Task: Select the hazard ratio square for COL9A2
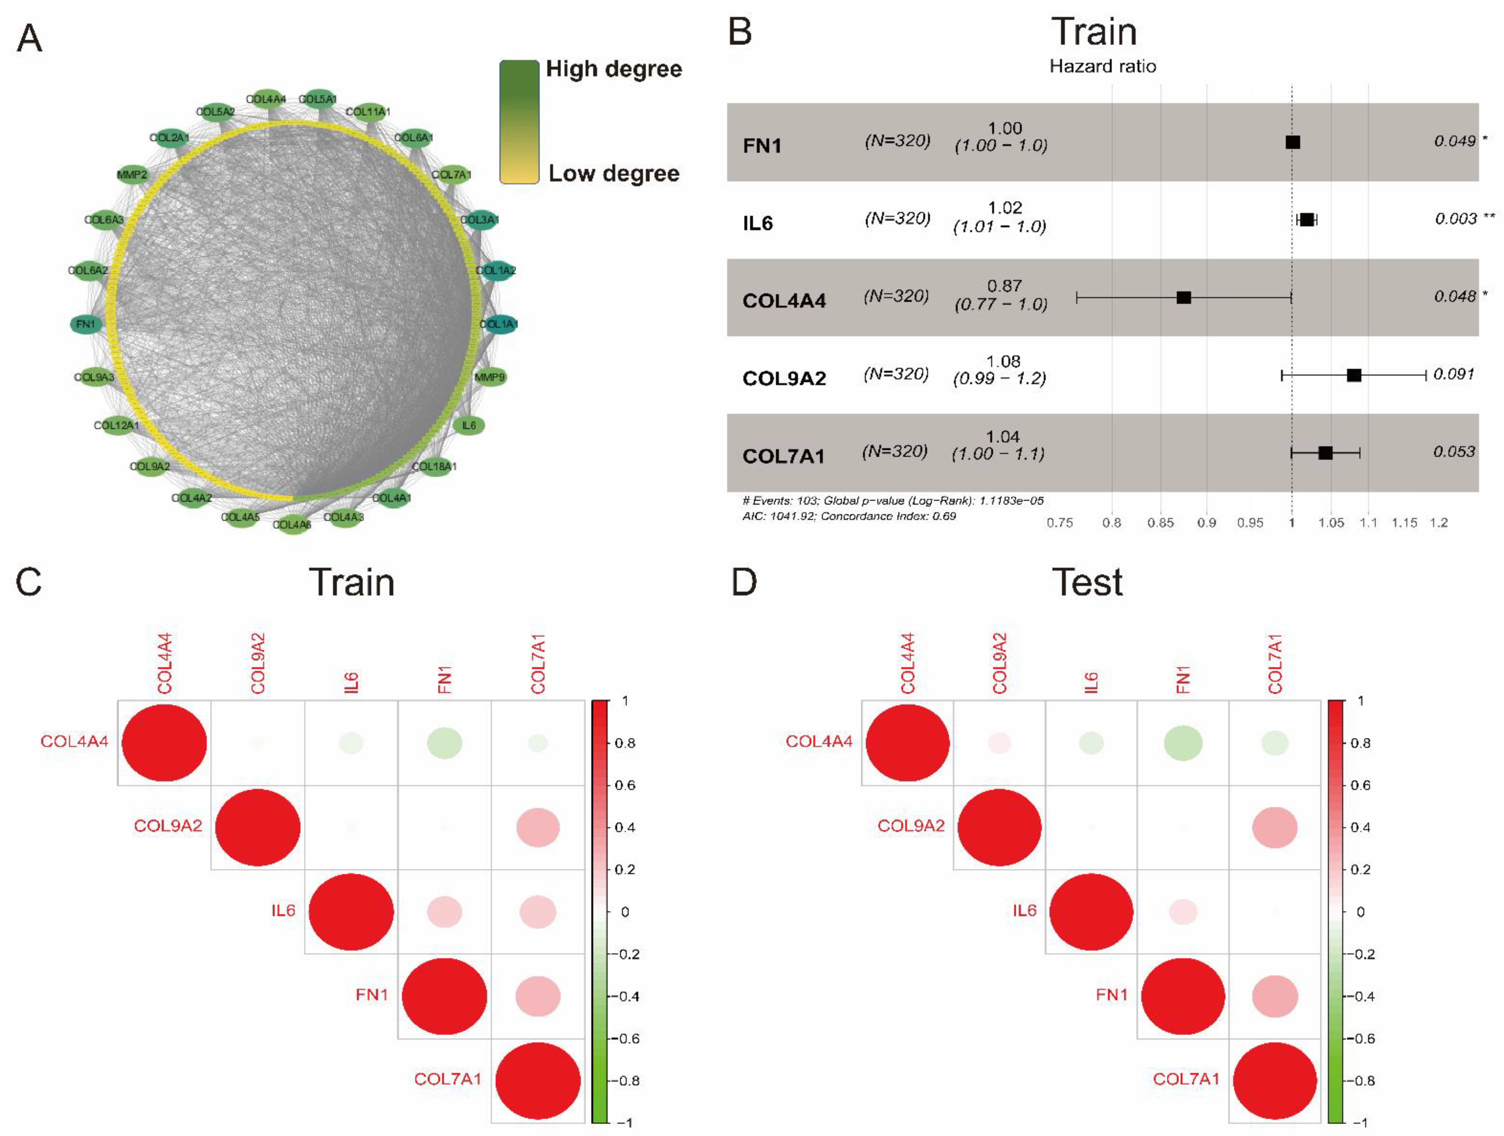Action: (1354, 375)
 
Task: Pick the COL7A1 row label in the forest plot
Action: (783, 456)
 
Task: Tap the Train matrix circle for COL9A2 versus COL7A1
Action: (538, 828)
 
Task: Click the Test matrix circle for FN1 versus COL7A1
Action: (1275, 996)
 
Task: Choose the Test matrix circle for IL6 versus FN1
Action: (1183, 912)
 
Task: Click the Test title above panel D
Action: (1087, 582)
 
